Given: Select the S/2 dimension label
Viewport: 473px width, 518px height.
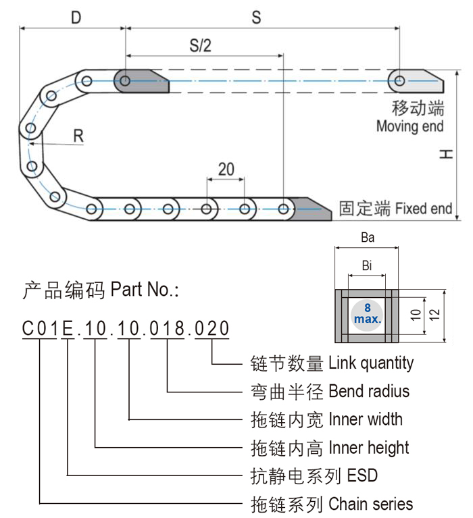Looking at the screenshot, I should tap(200, 46).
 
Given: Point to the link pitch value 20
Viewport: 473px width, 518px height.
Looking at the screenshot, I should tap(226, 169).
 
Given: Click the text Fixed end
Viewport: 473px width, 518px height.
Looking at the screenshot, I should tap(423, 208).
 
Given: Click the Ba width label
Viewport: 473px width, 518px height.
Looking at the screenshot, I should tap(368, 238).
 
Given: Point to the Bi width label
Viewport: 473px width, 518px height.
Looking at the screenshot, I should tap(367, 265).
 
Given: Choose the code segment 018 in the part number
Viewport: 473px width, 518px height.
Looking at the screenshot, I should tap(166, 329).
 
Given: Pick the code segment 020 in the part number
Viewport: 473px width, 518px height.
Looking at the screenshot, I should tap(212, 329).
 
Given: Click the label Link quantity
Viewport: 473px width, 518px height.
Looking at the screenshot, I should tap(371, 363).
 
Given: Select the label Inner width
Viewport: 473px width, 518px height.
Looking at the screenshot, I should tap(366, 419).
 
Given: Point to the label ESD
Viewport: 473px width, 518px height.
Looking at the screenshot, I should tap(362, 475).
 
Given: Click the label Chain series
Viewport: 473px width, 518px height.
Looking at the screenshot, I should tap(371, 504).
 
